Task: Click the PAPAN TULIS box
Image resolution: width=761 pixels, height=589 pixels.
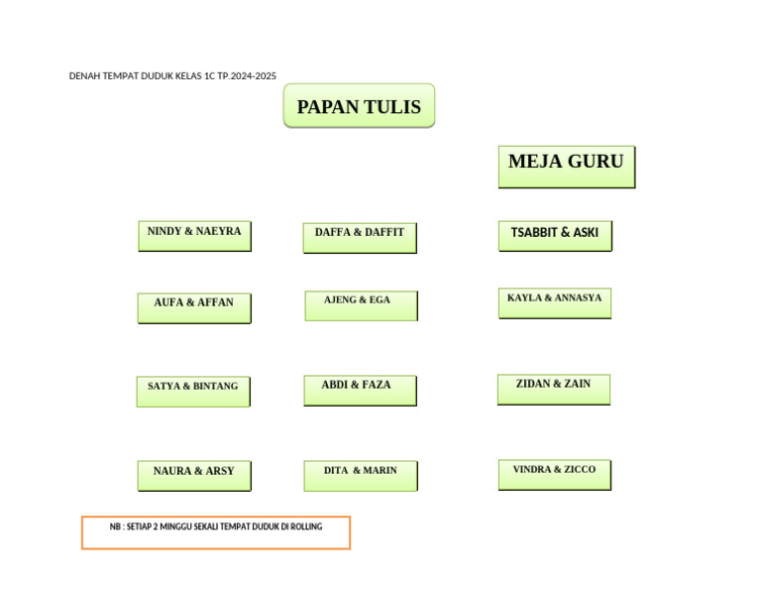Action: pos(359,106)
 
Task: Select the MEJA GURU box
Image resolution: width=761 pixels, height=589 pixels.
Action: pos(566,167)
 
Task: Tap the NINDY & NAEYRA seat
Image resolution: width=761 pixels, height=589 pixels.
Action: pos(194,236)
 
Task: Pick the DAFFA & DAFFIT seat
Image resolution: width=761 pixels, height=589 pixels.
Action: pos(360,238)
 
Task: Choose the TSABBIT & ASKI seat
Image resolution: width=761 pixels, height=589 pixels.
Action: pos(555,236)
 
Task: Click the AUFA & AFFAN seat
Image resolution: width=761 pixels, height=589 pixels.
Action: pos(194,307)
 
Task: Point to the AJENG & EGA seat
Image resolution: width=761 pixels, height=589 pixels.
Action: pos(361,305)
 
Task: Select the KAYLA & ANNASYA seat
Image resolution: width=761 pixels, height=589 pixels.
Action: pos(554,303)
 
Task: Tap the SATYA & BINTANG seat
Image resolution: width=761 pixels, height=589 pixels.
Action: pos(193,391)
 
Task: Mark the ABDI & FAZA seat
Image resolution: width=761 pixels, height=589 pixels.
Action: pos(360,390)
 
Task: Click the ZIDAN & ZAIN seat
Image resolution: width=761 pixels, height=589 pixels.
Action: pos(553,389)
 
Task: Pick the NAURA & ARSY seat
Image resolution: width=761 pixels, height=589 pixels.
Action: pos(194,476)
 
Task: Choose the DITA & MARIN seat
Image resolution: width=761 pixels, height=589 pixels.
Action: pos(361,475)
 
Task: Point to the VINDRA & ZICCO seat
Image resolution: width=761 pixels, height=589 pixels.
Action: pos(554,474)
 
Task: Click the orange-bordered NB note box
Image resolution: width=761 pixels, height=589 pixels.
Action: pos(216,532)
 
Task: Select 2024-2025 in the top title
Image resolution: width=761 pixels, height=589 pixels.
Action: pos(253,76)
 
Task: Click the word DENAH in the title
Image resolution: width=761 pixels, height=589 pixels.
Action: pos(83,76)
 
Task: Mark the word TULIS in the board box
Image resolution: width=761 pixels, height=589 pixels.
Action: pos(389,107)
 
